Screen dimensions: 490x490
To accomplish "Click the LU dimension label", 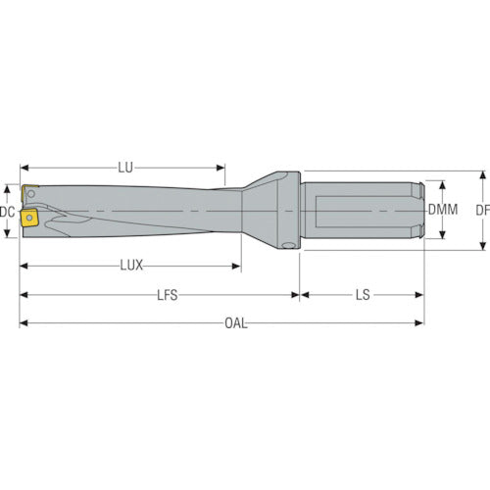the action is pos(125,168).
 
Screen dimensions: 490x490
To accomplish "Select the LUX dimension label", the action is pos(131,266).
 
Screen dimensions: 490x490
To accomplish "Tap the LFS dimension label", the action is pos(168,295).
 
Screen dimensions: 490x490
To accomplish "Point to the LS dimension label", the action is pos(363,295).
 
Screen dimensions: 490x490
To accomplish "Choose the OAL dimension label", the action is pos(236,323).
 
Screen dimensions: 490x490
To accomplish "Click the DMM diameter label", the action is pos(443,210).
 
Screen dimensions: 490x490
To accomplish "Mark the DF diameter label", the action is pos(483,211).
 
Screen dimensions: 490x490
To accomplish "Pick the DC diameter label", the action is pos(7,212).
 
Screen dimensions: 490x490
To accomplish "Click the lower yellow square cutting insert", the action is pos(29,219).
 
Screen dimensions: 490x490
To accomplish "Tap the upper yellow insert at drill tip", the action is pos(27,193).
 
